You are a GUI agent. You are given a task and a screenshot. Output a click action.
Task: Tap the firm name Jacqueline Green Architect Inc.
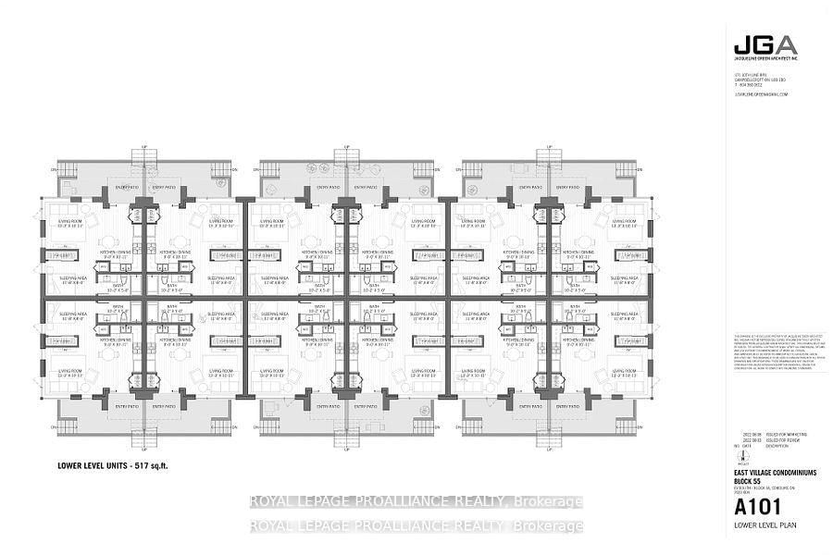(x=760, y=60)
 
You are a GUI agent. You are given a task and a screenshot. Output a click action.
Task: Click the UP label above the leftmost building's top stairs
(x=144, y=146)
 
